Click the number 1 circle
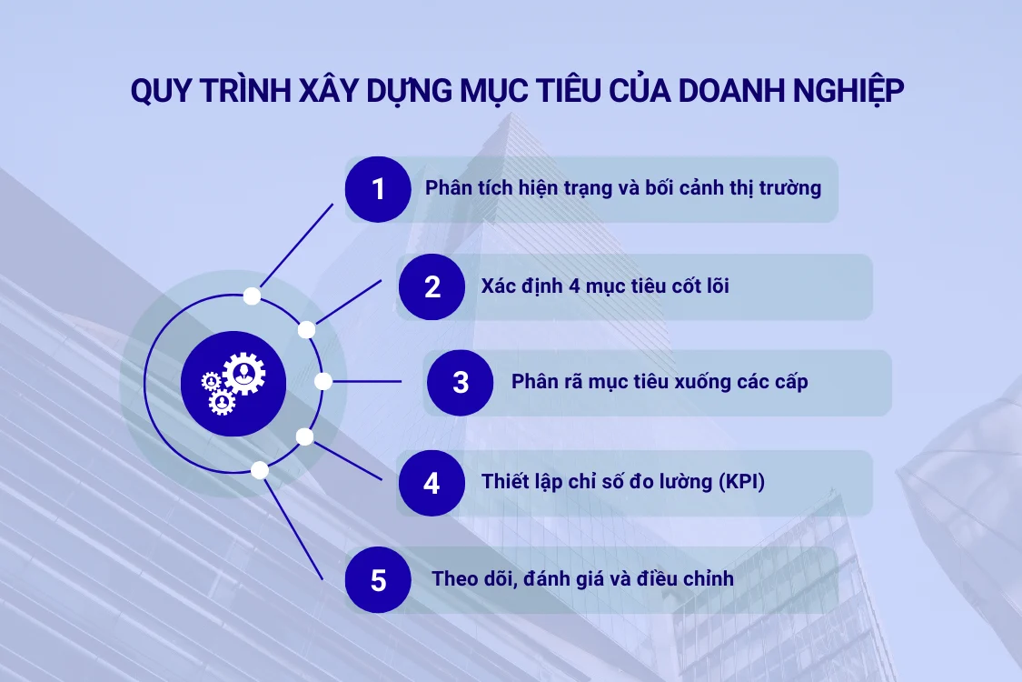click(x=378, y=189)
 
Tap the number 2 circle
click(x=432, y=287)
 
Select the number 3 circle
click(x=461, y=383)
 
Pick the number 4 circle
click(x=432, y=483)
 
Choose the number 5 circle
click(x=378, y=579)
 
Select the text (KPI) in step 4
click(x=739, y=482)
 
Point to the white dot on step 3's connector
click(x=322, y=382)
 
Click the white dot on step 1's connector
click(x=253, y=296)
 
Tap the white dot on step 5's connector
click(x=260, y=470)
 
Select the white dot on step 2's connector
click(x=307, y=329)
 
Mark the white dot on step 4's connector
click(x=305, y=436)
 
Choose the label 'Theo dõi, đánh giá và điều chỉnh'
click(x=582, y=578)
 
